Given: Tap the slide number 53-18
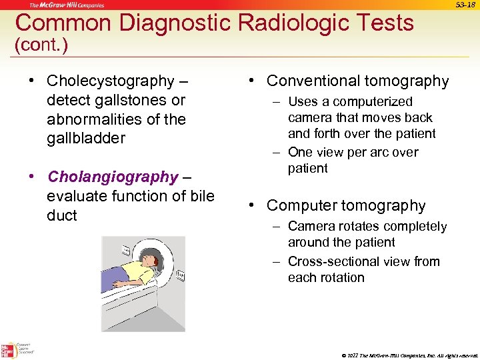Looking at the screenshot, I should (x=465, y=5).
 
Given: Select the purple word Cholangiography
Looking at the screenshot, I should (x=113, y=177).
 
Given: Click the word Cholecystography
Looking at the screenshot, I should (x=110, y=81).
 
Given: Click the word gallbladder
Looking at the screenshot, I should (x=86, y=139).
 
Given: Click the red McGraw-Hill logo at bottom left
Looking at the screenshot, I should (x=8, y=351).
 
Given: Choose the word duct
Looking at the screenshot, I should (x=62, y=215).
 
